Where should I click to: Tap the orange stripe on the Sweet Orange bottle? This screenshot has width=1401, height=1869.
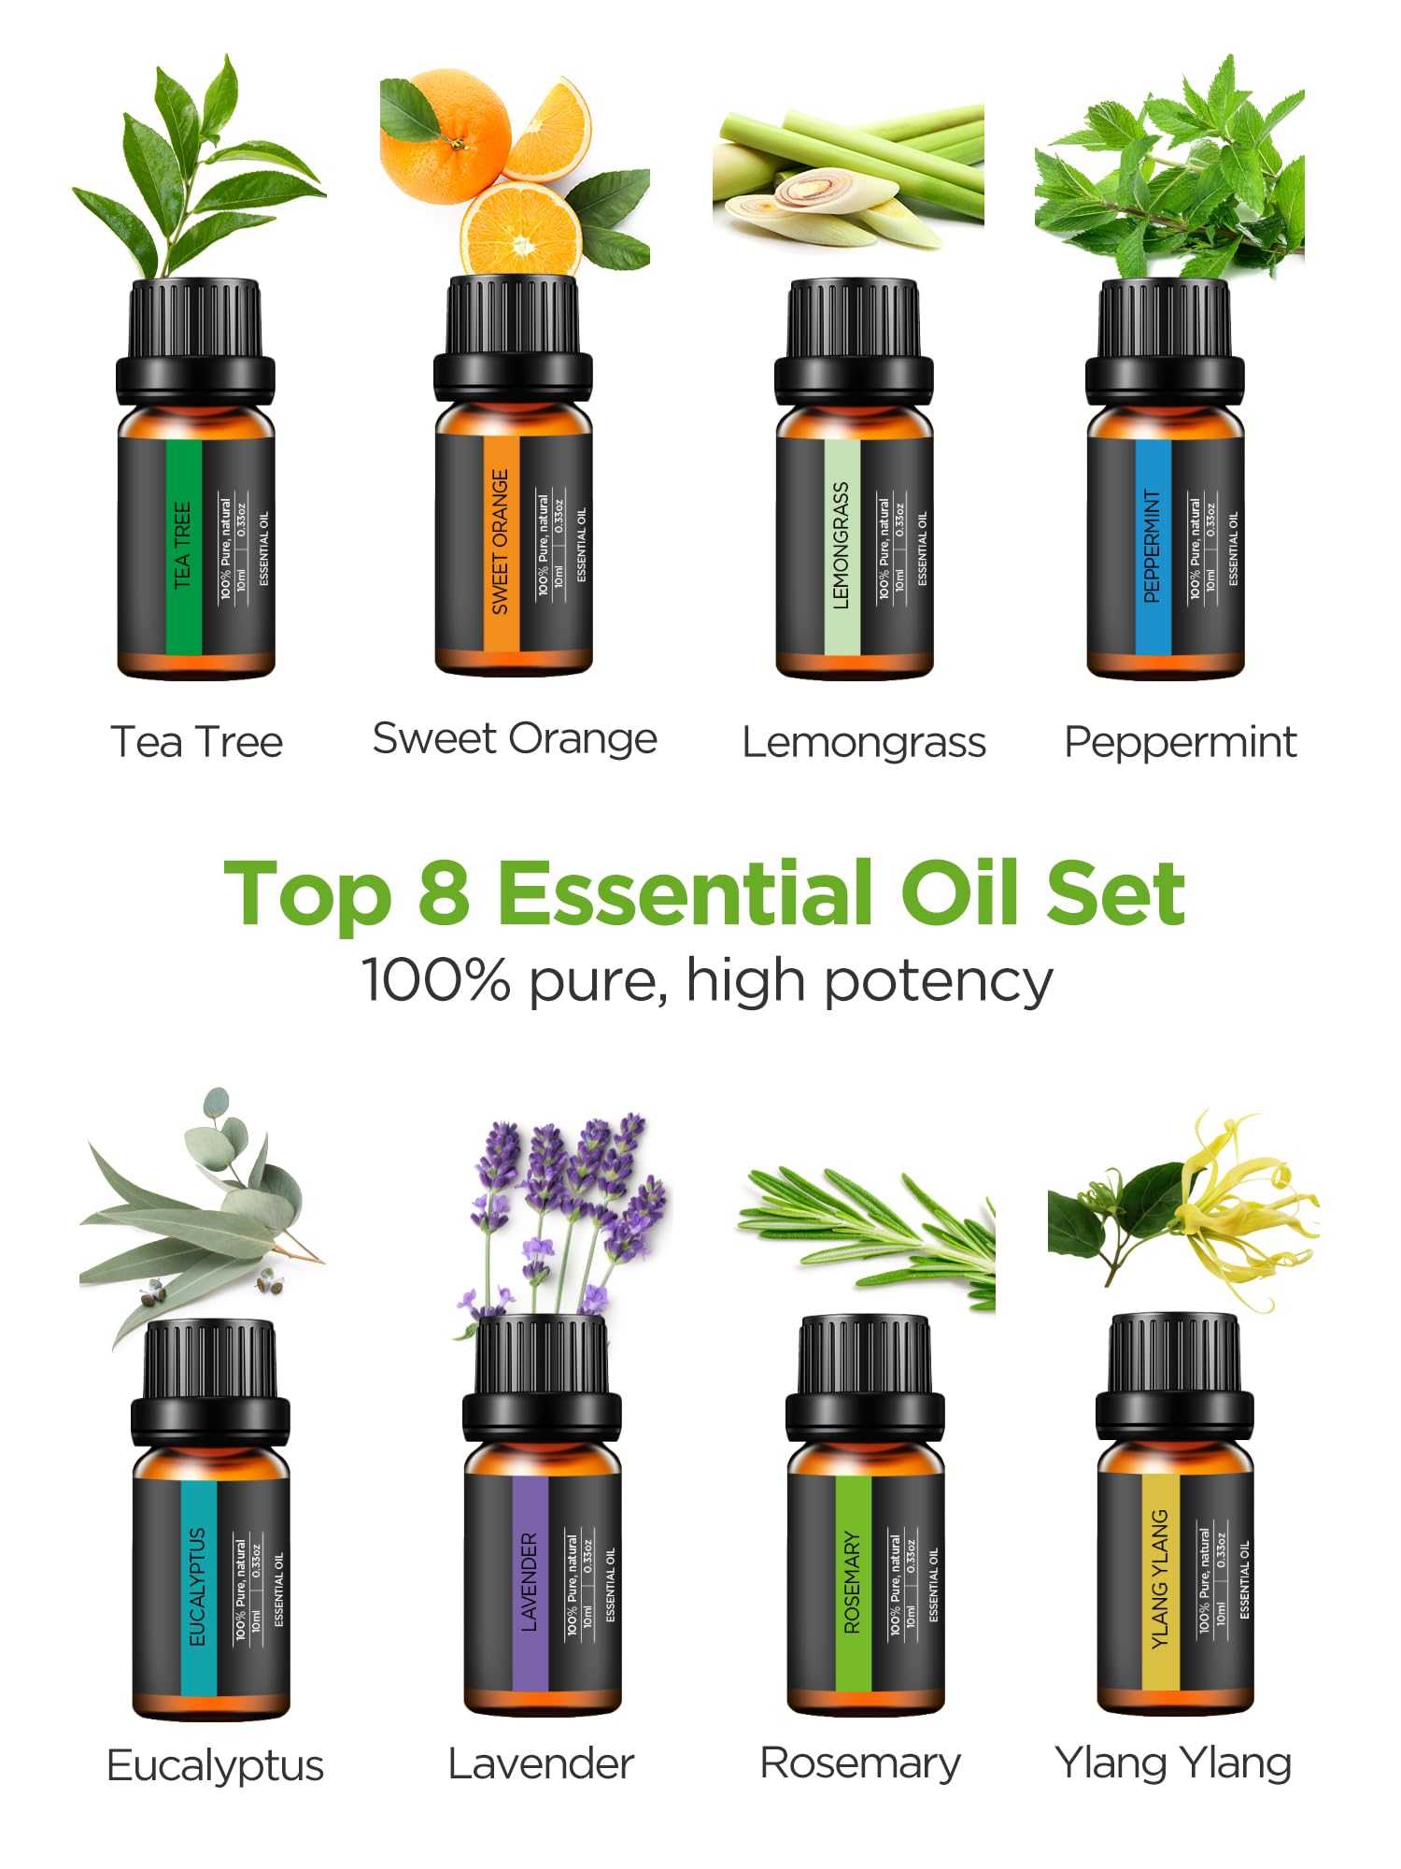coord(501,542)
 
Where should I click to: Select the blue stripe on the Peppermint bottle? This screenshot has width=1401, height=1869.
coord(1153,547)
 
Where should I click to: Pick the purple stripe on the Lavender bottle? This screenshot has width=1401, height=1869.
coord(530,1582)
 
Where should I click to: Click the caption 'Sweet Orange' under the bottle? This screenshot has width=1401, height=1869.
coord(515,739)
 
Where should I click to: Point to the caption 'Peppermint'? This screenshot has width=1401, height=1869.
coord(1180,743)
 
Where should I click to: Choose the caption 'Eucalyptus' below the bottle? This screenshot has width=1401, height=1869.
coord(215,1766)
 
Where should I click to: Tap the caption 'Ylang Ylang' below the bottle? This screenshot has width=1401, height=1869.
coord(1173,1763)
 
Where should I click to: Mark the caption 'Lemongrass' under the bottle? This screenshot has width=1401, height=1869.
coord(864,743)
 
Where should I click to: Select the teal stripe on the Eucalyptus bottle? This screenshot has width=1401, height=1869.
coord(198,1586)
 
